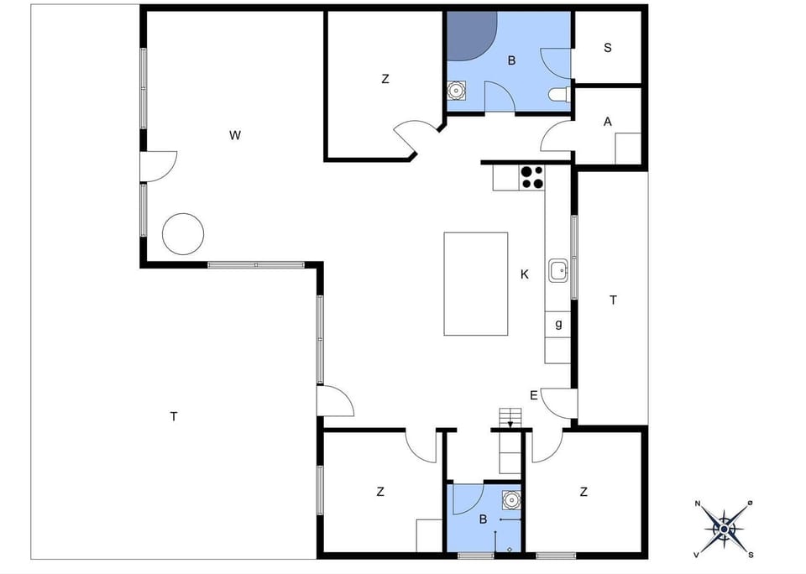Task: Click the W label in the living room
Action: click(x=236, y=134)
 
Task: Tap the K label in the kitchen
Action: click(x=525, y=274)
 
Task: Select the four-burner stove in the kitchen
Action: click(x=531, y=177)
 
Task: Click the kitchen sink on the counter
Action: click(x=559, y=270)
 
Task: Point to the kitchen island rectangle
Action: click(x=476, y=284)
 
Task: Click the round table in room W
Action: click(x=183, y=233)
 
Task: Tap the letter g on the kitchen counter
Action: click(x=558, y=324)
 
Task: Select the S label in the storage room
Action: click(x=607, y=48)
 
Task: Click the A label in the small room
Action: click(x=607, y=122)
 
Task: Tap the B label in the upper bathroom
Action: click(x=510, y=60)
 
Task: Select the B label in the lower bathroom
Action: click(x=483, y=519)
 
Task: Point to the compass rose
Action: click(x=724, y=528)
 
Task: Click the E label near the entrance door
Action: click(x=534, y=395)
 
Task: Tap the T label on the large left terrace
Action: click(x=174, y=416)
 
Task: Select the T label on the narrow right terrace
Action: click(x=613, y=300)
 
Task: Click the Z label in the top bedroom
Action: click(x=385, y=80)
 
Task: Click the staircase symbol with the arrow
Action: click(x=510, y=417)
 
